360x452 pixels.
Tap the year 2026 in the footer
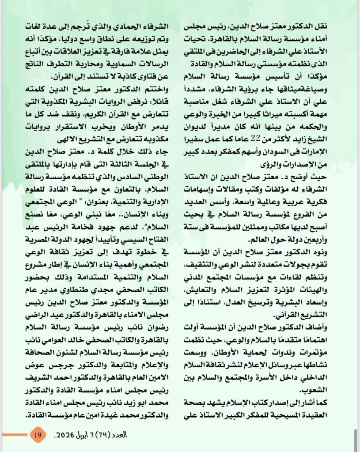pyautogui.click(x=62, y=434)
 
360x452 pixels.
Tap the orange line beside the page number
pyautogui.click(x=13, y=435)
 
